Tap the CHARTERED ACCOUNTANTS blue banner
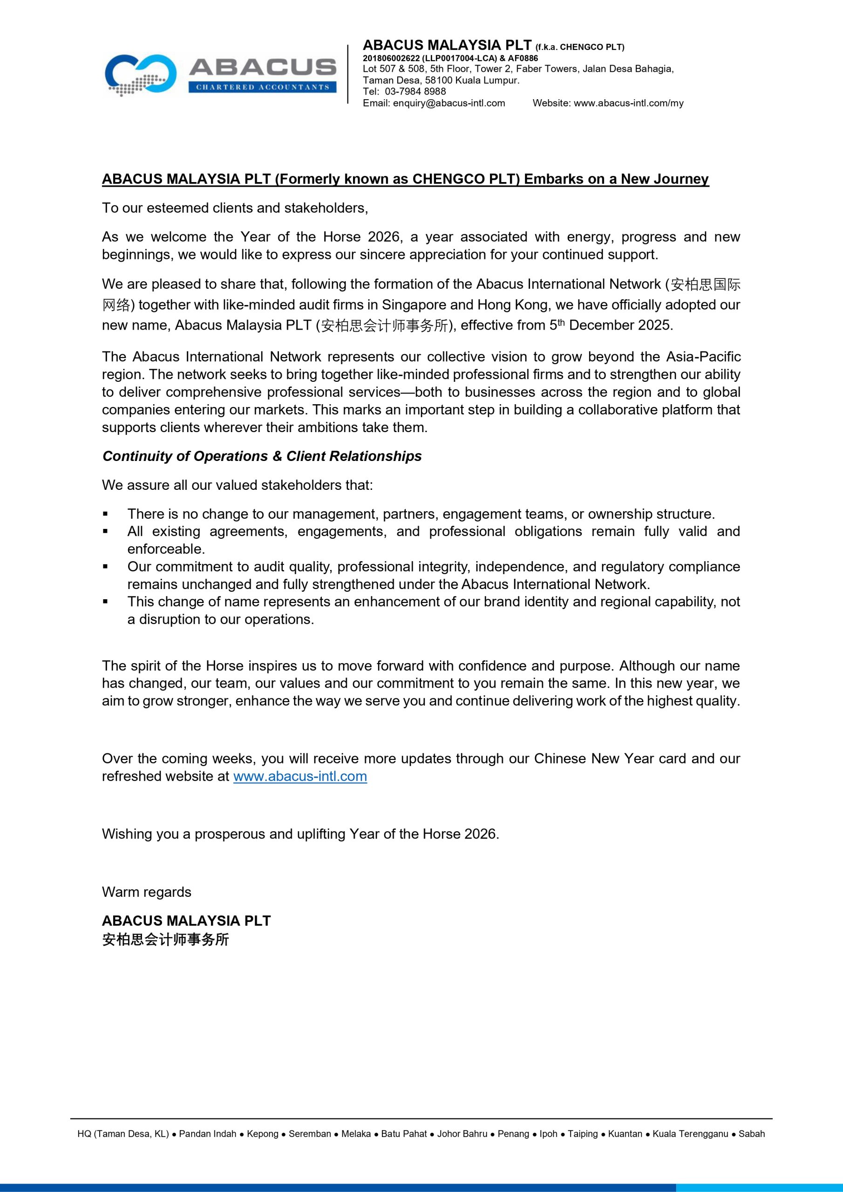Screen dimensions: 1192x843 [x=262, y=87]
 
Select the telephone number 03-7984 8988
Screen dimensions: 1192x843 [x=415, y=91]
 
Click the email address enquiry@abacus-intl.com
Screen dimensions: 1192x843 [x=449, y=103]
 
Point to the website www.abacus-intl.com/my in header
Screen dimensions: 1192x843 [x=628, y=103]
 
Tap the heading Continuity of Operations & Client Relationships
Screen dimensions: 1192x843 [x=262, y=456]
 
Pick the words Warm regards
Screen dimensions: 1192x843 [x=146, y=892]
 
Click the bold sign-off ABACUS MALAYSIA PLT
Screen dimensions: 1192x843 [x=186, y=921]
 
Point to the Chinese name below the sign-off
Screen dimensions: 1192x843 [x=165, y=939]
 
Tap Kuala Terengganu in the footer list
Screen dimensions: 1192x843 [x=690, y=1134]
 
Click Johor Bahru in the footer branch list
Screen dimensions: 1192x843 [x=462, y=1134]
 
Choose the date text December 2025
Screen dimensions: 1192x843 [x=620, y=325]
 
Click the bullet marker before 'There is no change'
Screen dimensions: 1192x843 [x=105, y=514]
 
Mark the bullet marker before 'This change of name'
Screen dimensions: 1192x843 [x=105, y=602]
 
